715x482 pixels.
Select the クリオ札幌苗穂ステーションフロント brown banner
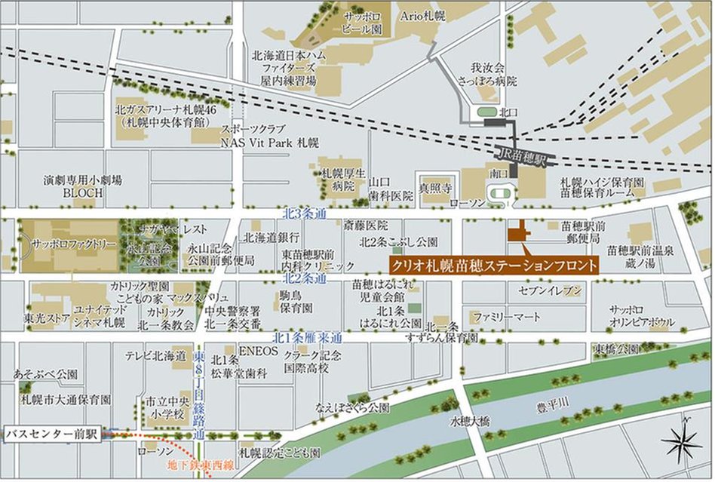coord(494,266)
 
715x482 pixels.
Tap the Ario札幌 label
coord(422,16)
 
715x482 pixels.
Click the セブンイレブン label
coord(551,290)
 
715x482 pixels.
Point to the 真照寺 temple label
coord(435,186)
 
